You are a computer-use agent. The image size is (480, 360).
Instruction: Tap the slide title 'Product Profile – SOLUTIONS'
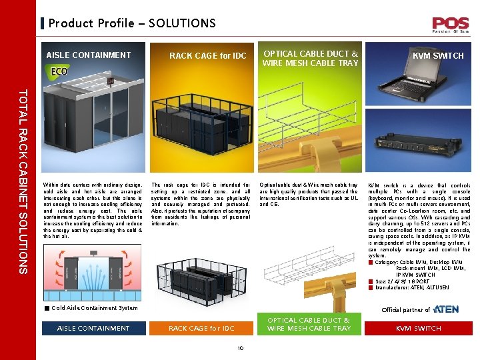[x=132, y=23]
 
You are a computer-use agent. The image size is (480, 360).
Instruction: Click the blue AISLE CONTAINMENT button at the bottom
[x=93, y=328]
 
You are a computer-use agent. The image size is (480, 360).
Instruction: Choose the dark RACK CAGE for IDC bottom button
[x=201, y=328]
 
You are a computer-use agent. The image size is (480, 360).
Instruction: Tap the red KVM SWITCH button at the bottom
[x=419, y=328]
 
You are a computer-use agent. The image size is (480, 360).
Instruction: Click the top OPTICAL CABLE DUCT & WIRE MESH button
[x=310, y=58]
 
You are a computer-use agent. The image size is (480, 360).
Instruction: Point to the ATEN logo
[x=445, y=309]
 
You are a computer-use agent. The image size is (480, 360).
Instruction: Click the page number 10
[x=241, y=347]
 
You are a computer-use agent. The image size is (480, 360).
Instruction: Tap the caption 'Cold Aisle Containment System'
[x=94, y=308]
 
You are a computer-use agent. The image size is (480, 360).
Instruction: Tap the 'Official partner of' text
[x=405, y=310]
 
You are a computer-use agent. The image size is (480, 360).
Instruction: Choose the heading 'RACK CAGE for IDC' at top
[x=207, y=55]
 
